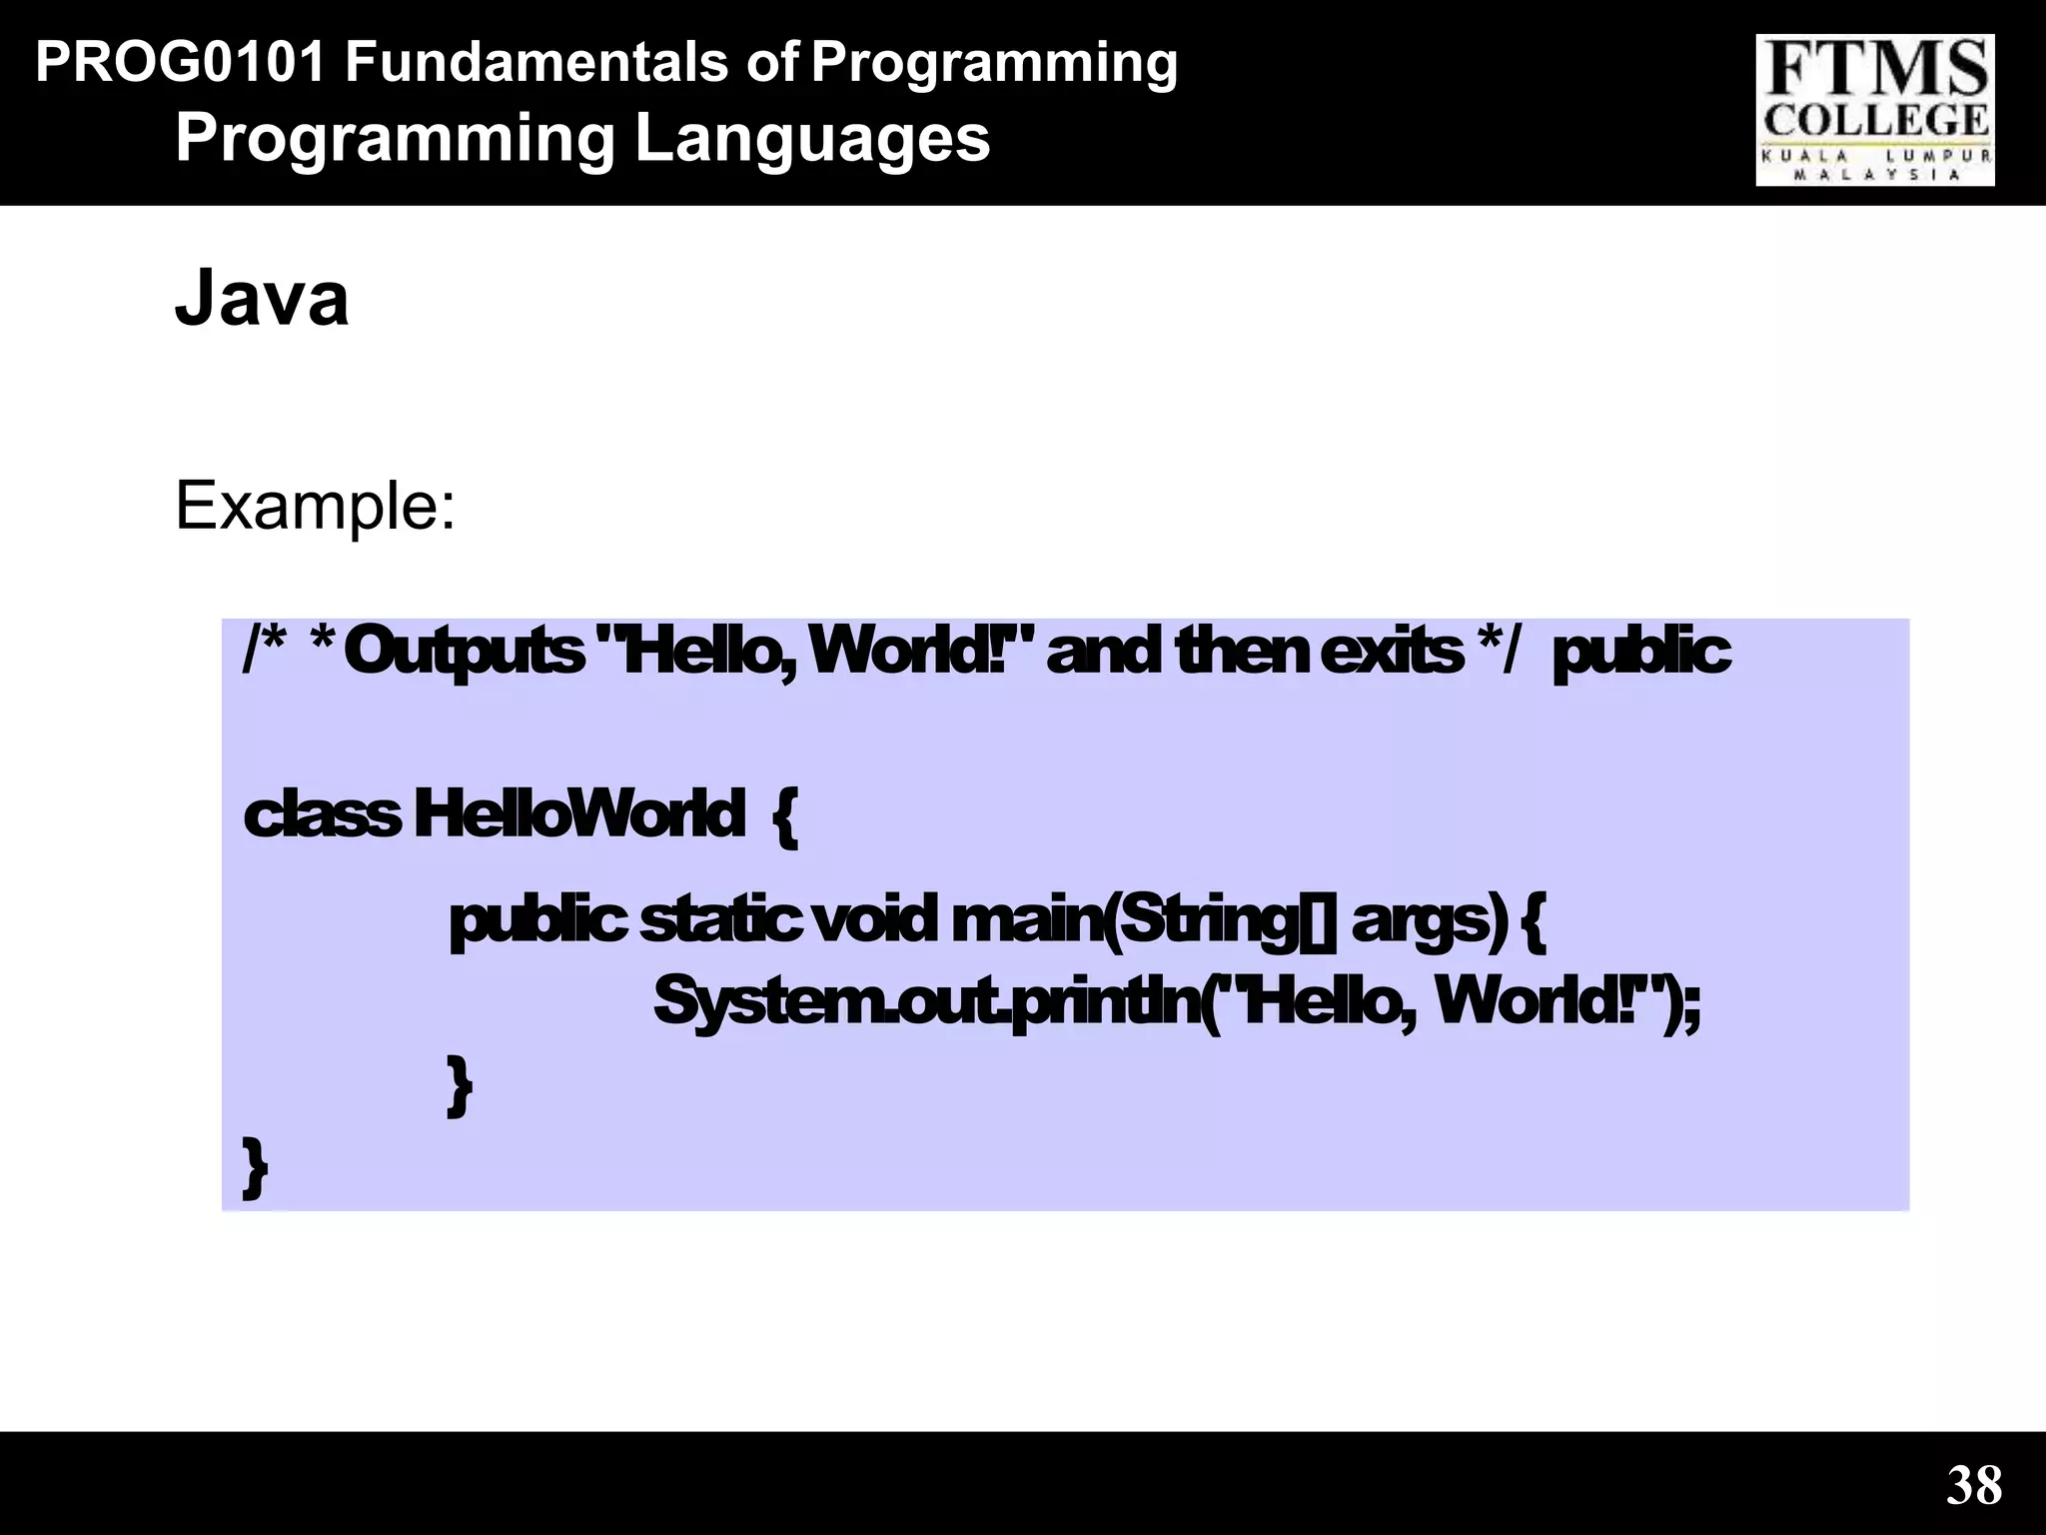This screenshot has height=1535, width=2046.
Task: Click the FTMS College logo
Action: click(1875, 110)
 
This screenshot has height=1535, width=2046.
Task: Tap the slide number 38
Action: click(1974, 1486)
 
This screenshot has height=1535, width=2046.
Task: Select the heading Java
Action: click(262, 298)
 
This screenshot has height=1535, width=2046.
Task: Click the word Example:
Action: click(316, 506)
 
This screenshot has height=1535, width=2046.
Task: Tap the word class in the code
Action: click(322, 813)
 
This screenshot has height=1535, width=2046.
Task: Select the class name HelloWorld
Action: click(579, 813)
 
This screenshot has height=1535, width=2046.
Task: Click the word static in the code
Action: click(719, 919)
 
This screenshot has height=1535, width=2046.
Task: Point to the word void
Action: click(875, 919)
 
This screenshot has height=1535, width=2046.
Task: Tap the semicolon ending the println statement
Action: click(1690, 1005)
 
